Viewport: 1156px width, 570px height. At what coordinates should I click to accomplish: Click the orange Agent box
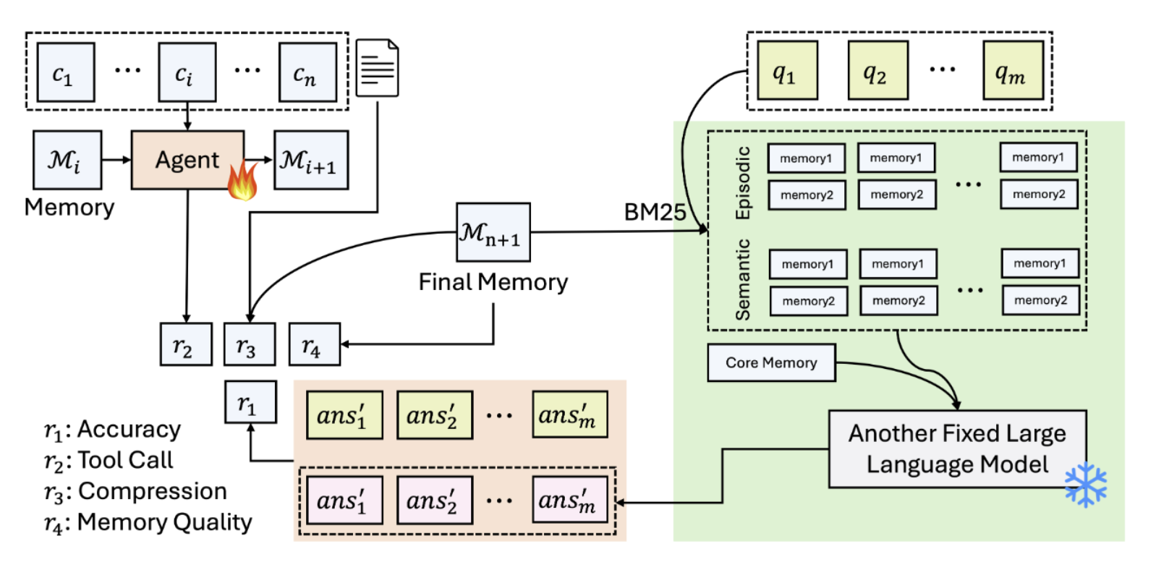187,160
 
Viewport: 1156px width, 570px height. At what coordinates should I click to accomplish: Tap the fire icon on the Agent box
242,181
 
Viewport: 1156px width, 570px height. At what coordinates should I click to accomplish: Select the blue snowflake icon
1086,484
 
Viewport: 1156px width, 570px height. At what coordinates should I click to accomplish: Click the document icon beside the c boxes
377,68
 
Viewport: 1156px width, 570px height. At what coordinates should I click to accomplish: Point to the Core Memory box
770,363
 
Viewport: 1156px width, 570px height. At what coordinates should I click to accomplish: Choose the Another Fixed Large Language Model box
956,449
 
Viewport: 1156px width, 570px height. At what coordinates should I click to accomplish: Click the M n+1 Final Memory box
493,232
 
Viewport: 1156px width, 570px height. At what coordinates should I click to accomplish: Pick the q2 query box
877,71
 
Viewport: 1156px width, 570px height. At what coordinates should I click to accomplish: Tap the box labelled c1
66,72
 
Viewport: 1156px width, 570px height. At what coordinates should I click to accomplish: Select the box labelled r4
314,344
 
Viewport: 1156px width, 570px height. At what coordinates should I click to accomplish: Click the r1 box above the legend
250,402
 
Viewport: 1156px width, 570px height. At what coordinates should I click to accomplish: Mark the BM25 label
655,212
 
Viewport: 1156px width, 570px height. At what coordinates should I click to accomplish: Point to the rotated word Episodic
743,183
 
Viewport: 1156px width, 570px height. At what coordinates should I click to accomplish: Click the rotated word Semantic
743,280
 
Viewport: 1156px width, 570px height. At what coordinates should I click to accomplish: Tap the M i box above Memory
67,160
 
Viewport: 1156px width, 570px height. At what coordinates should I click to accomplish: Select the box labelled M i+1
311,161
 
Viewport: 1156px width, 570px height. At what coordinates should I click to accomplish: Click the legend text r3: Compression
135,491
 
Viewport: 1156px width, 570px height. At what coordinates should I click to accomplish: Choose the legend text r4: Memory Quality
148,522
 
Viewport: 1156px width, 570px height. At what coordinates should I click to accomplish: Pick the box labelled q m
1013,71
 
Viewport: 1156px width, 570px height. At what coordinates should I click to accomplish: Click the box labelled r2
186,344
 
